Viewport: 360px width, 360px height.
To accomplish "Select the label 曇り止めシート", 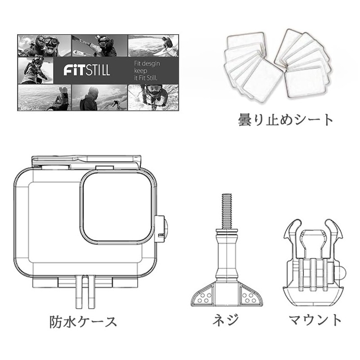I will pos(286,120).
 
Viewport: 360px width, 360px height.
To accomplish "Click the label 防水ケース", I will pos(83,322).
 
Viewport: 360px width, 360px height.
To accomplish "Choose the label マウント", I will pos(315,320).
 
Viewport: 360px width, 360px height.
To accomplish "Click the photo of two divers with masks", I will pos(44,45).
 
